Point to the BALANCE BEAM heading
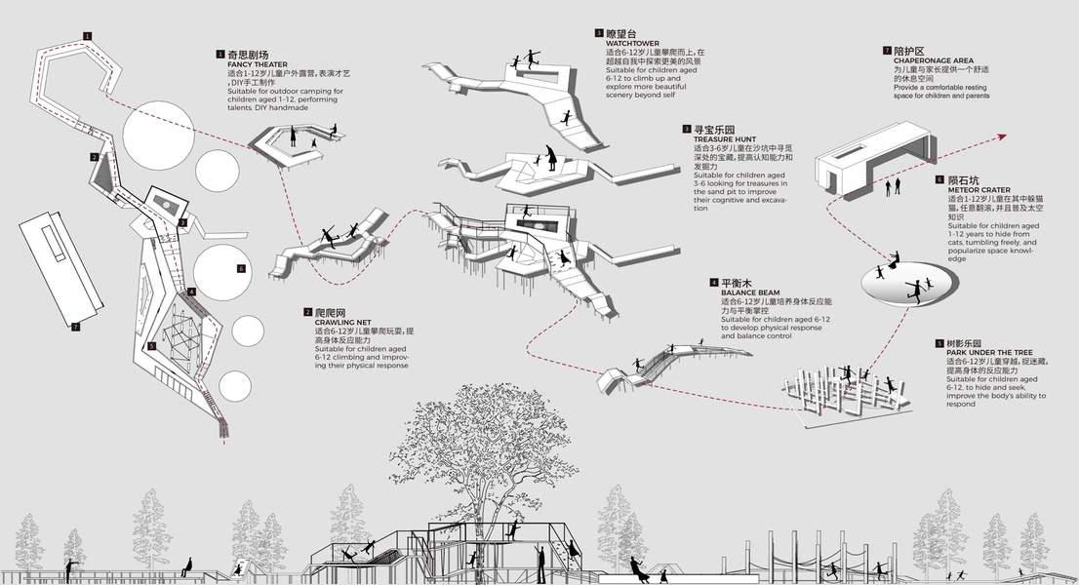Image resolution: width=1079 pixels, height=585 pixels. click(x=749, y=292)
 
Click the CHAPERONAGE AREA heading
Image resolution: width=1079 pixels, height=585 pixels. click(x=934, y=60)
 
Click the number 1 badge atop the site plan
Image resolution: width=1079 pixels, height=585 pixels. click(x=88, y=35)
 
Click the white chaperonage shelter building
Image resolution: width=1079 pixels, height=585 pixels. click(x=873, y=156)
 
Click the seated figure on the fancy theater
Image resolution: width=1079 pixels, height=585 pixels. click(x=334, y=130)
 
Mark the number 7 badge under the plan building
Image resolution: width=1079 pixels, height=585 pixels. click(x=75, y=327)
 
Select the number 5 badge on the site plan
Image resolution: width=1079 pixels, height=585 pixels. click(x=151, y=345)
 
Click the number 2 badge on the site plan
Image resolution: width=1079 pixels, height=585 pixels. click(x=95, y=157)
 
